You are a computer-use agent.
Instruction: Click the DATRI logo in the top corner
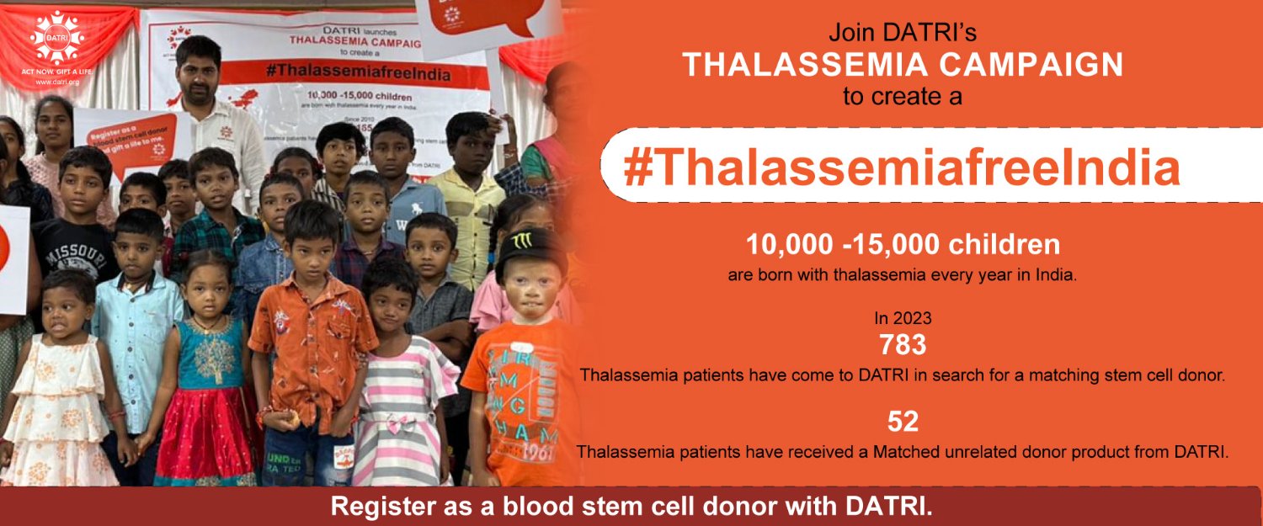tap(58, 36)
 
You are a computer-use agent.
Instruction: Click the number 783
tap(902, 346)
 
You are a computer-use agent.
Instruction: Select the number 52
tap(903, 421)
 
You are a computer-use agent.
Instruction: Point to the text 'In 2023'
tap(903, 319)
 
